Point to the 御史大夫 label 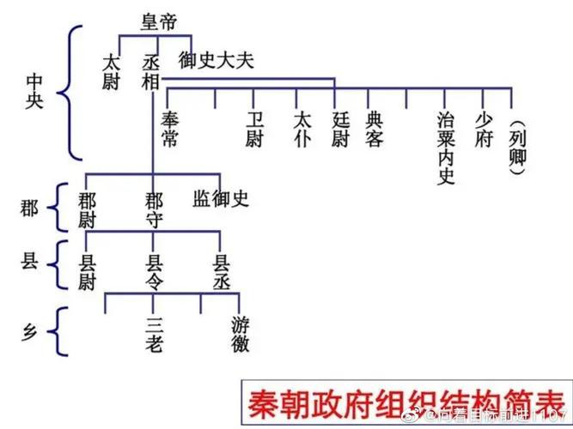pyautogui.click(x=216, y=61)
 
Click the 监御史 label pyautogui.click(x=221, y=200)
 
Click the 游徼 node pyautogui.click(x=241, y=335)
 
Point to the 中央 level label pyautogui.click(x=35, y=92)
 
